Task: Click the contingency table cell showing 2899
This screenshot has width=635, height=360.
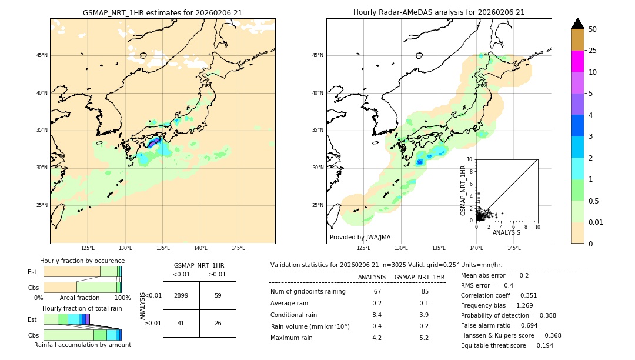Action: pyautogui.click(x=181, y=295)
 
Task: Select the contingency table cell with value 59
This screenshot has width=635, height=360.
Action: pyautogui.click(x=218, y=295)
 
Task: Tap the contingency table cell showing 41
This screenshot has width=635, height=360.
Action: pyautogui.click(x=181, y=323)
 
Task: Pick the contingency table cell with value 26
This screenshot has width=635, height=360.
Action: pyautogui.click(x=218, y=323)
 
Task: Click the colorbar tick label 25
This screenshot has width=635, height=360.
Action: pyautogui.click(x=593, y=51)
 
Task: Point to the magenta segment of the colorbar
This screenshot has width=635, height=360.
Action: pyautogui.click(x=577, y=61)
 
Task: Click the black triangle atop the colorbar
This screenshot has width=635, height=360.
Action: pyautogui.click(x=577, y=24)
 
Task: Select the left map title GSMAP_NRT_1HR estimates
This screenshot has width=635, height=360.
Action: pyautogui.click(x=162, y=12)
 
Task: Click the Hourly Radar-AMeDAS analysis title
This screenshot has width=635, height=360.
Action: pyautogui.click(x=439, y=12)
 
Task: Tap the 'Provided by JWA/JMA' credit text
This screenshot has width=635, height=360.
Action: pyautogui.click(x=360, y=238)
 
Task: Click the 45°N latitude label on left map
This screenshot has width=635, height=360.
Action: pyautogui.click(x=42, y=55)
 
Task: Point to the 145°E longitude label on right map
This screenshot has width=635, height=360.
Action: pyautogui.click(x=514, y=248)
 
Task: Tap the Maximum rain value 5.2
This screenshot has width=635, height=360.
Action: pyautogui.click(x=424, y=338)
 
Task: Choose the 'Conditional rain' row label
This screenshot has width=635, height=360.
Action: pyautogui.click(x=293, y=315)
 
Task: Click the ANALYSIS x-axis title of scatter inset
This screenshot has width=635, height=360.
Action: pyautogui.click(x=506, y=232)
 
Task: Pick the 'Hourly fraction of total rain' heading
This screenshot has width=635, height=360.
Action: pyautogui.click(x=82, y=308)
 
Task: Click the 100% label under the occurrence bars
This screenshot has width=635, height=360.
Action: pyautogui.click(x=122, y=298)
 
